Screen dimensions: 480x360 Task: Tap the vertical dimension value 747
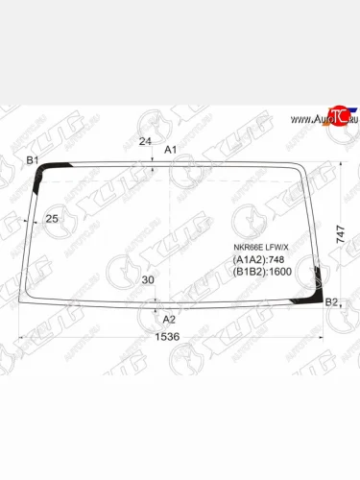pos(341,233)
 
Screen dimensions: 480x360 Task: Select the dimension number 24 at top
pos(145,142)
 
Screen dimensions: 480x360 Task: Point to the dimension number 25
pos(52,219)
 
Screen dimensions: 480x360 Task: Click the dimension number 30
pos(147,280)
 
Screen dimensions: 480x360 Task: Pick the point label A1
pos(171,150)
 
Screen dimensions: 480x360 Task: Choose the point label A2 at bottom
pos(169,319)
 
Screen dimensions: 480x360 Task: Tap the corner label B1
pos(32,159)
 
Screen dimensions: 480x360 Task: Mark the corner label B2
pos(331,302)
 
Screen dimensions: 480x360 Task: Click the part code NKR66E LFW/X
pos(260,247)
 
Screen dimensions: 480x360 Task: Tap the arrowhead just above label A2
pos(156,310)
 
